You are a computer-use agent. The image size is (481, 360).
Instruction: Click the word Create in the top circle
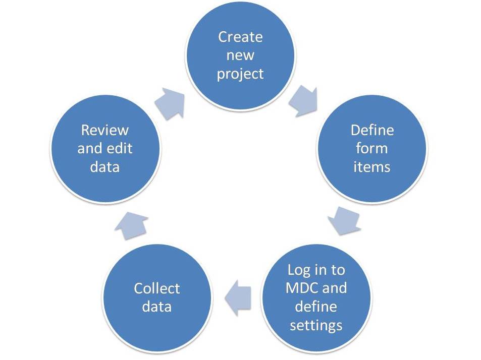click(240, 37)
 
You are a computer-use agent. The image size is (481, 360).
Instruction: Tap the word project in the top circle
click(240, 74)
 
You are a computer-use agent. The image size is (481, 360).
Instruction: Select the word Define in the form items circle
click(372, 130)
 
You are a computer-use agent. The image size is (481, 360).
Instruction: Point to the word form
click(372, 148)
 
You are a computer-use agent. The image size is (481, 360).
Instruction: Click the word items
click(372, 166)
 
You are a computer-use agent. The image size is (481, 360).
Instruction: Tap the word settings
click(316, 325)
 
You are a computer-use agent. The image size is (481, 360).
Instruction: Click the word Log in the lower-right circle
click(298, 270)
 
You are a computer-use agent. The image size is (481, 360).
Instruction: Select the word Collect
click(156, 288)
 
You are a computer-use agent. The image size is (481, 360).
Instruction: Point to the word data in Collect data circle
click(156, 307)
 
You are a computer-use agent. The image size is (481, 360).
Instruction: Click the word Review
click(105, 130)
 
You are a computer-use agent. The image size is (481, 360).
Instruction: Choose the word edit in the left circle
click(120, 148)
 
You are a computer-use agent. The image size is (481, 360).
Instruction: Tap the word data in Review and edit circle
click(105, 166)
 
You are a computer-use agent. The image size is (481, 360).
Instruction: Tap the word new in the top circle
click(240, 55)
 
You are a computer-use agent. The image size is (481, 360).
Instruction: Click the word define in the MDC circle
click(316, 306)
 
